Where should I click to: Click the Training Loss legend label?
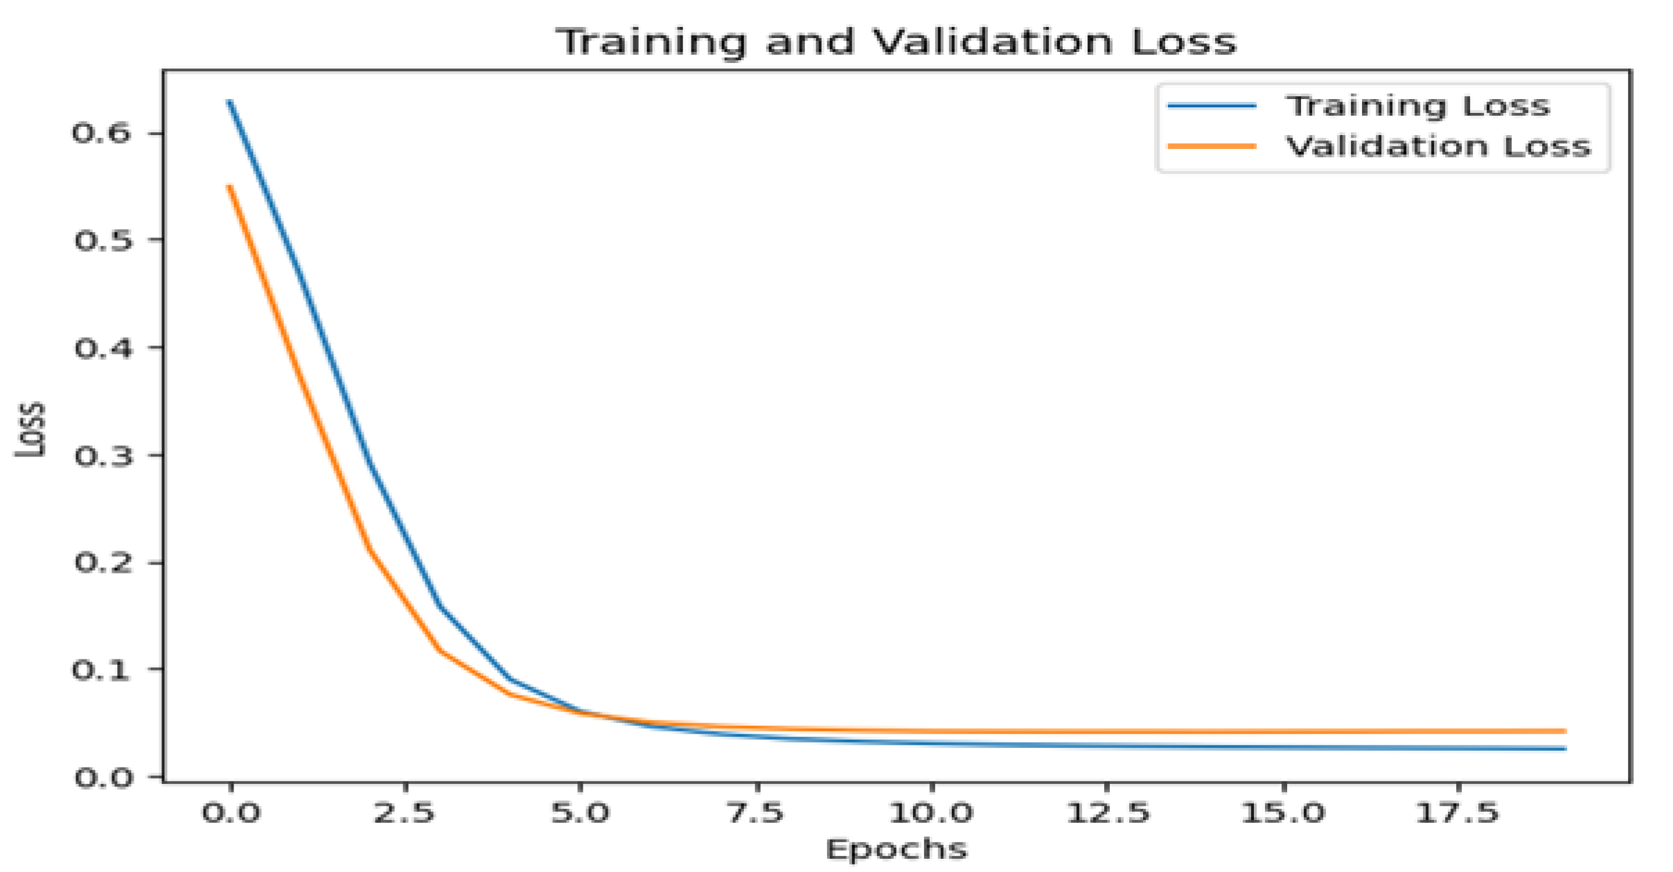coord(1417,106)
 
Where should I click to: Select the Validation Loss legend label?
coord(1438,146)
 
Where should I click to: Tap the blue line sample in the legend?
coord(1212,106)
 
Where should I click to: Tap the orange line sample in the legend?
coord(1212,146)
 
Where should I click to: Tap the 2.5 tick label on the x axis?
coord(405,812)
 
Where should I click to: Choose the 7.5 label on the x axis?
coord(756,812)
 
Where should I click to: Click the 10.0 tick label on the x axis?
coord(930,812)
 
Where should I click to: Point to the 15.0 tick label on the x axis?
coord(1282,812)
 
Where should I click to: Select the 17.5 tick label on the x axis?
coord(1457,812)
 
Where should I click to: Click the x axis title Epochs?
coord(896,849)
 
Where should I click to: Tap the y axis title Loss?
coord(30,429)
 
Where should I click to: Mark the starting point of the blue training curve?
coord(230,102)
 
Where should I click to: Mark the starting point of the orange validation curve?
coord(230,186)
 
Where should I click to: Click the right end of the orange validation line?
coord(1564,731)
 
